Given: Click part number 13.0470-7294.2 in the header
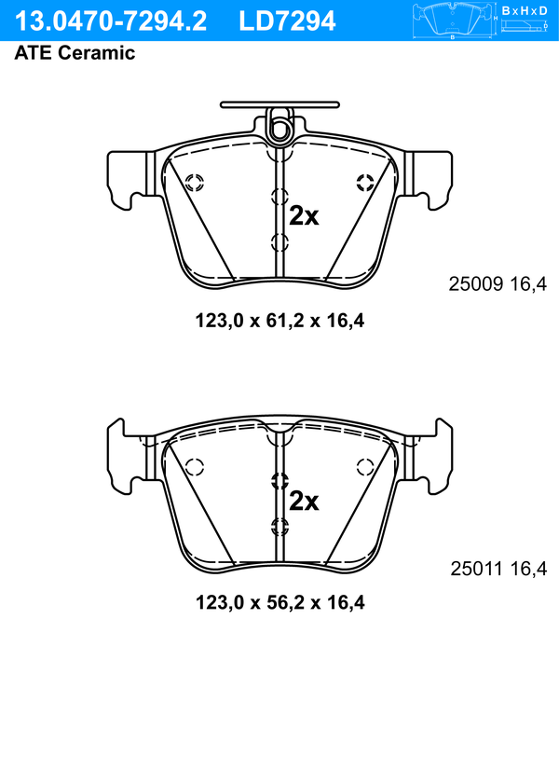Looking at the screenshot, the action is click(x=111, y=21).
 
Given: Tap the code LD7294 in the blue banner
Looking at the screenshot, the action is click(x=287, y=21).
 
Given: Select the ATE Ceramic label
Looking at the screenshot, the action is click(x=75, y=52).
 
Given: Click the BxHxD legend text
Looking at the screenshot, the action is click(x=525, y=10).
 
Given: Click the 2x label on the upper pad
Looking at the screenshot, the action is click(x=304, y=216).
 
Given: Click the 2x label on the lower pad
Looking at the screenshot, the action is click(x=304, y=501).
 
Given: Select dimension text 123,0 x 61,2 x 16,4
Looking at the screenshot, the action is click(x=279, y=320).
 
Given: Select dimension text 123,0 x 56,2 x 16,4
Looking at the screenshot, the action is click(x=279, y=602).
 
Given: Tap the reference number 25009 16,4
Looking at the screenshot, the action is click(x=498, y=284).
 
